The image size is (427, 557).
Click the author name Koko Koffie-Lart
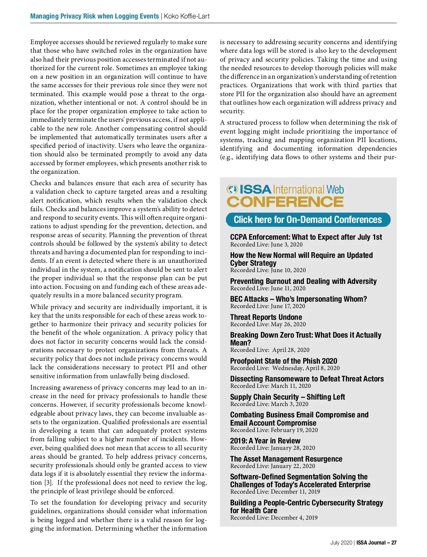[187, 16]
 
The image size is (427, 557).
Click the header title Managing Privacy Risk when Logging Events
[94, 16]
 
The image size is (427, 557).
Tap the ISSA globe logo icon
[232, 189]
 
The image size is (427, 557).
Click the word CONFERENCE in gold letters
[285, 202]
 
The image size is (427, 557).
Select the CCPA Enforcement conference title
[306, 237]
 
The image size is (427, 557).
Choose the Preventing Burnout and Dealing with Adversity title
[303, 281]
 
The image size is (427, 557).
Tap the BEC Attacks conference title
[298, 299]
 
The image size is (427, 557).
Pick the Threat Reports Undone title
[266, 317]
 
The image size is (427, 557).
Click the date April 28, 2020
[291, 350]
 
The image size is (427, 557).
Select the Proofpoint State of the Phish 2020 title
[284, 361]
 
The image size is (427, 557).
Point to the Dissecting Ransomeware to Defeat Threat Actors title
[307, 379]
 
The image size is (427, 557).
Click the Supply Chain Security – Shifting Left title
[288, 397]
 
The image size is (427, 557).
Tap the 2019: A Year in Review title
[265, 441]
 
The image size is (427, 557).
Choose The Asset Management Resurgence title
[286, 459]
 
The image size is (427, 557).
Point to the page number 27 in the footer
[394, 543]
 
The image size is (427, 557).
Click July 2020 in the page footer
[341, 543]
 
